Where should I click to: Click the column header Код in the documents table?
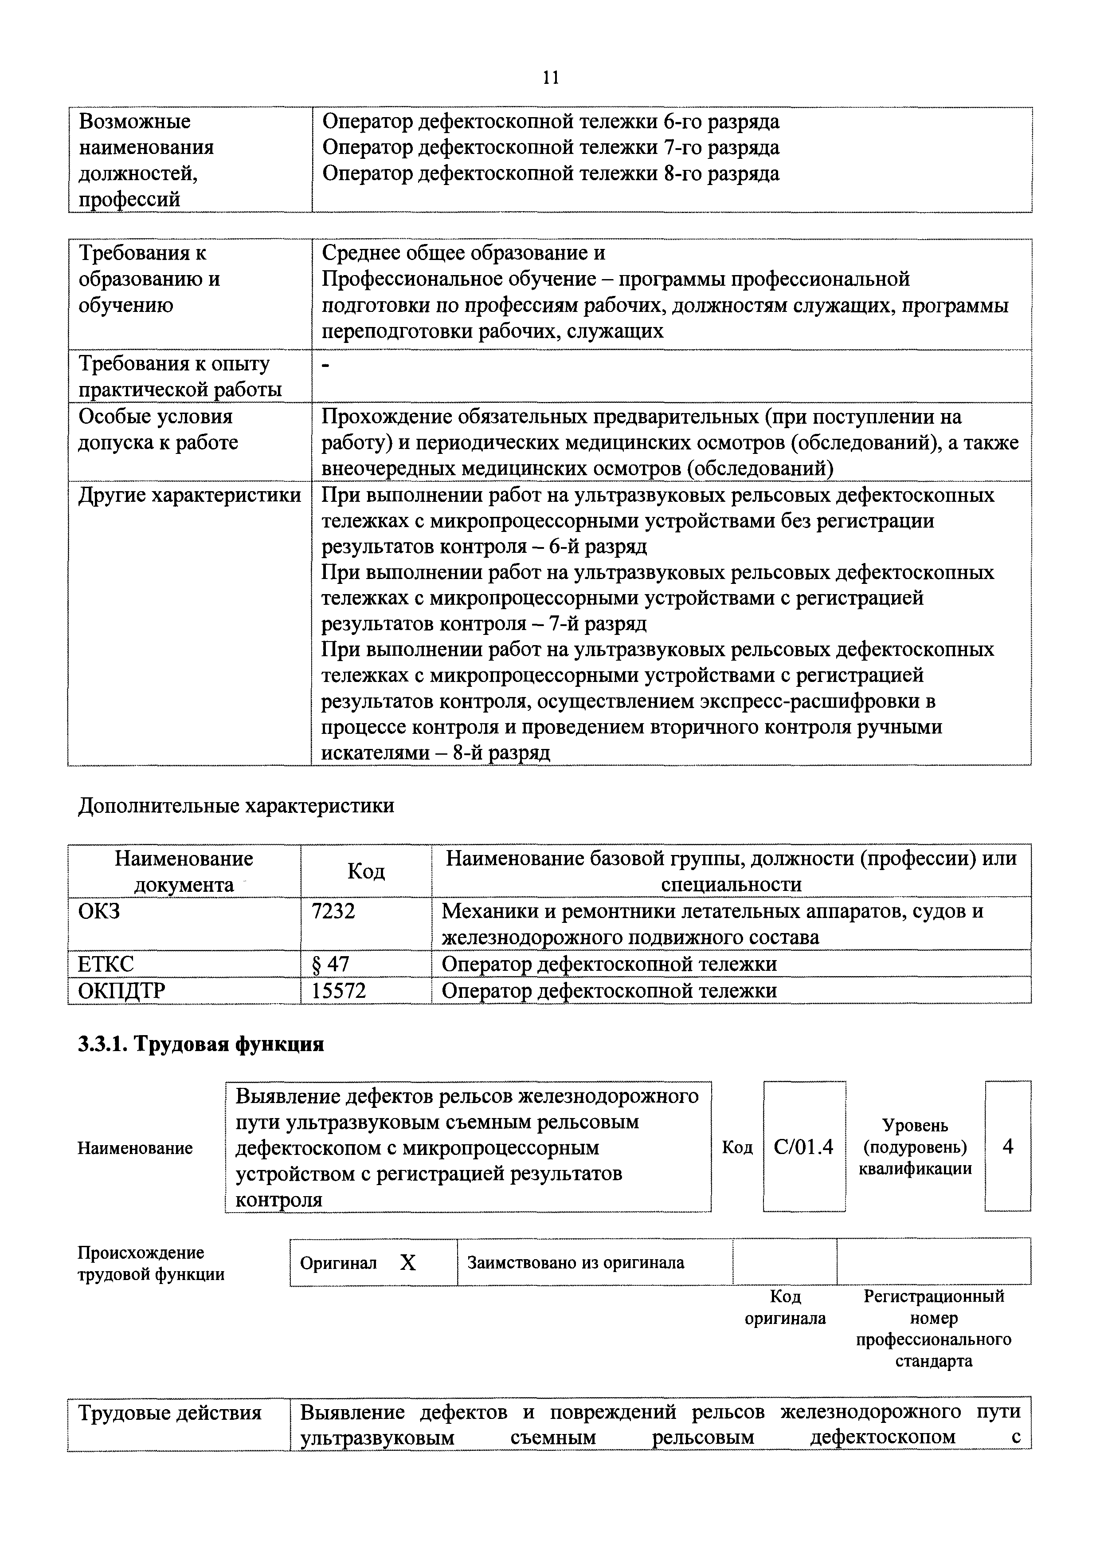[366, 871]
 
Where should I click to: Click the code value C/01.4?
[803, 1146]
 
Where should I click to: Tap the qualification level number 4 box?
[1008, 1146]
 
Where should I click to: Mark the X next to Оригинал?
[408, 1263]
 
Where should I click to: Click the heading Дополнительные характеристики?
[236, 806]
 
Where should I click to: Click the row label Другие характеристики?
[190, 496]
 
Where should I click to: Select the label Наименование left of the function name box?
[135, 1148]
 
